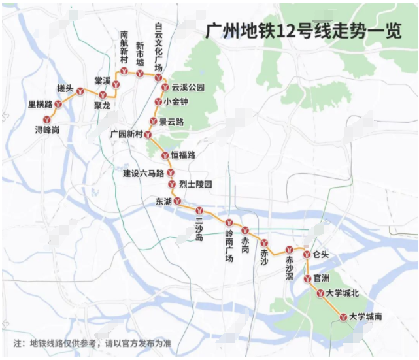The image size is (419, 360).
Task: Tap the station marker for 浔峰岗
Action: click(x=46, y=120)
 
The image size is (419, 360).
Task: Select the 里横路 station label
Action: click(x=40, y=104)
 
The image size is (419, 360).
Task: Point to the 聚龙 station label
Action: click(x=103, y=105)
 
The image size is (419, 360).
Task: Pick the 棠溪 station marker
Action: click(x=103, y=95)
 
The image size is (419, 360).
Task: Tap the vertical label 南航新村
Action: click(x=124, y=48)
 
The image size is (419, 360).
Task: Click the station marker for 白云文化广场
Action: click(x=158, y=77)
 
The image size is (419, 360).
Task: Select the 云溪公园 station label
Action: click(x=188, y=88)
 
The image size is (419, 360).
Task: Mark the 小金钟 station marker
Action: click(x=158, y=102)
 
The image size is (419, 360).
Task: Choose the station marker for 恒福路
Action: click(x=165, y=155)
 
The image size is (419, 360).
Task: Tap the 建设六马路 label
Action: click(x=144, y=173)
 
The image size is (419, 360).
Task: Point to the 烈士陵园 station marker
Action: click(x=171, y=184)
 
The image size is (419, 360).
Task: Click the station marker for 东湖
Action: click(x=177, y=201)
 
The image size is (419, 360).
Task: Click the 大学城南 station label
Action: click(x=365, y=316)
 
